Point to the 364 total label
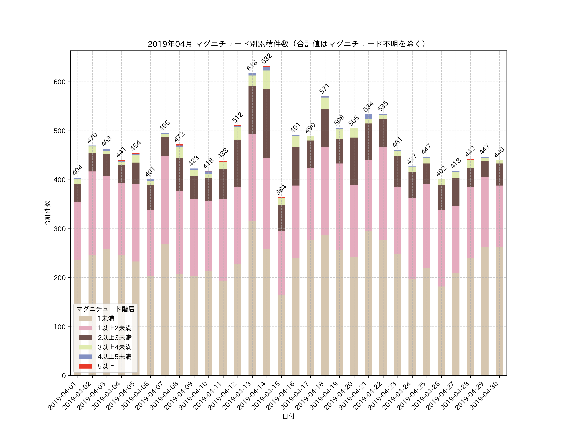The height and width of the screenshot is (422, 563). coord(281,190)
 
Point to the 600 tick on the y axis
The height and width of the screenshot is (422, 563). coord(59,82)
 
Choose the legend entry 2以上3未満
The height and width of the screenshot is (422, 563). coord(114,338)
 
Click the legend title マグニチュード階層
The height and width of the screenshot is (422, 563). coord(105,309)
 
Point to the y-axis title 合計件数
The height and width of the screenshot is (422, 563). coord(48,213)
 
